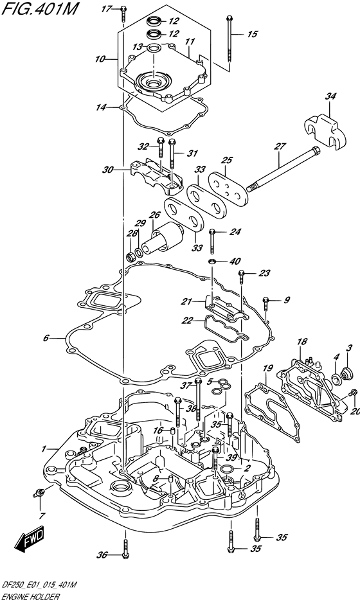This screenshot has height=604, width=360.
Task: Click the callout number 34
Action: point(330,96)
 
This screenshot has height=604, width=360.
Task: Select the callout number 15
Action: point(252,35)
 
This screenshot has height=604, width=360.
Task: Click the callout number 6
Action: point(46,338)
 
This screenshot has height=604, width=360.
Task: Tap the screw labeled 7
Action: point(39,492)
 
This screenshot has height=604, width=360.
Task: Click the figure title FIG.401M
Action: point(39,9)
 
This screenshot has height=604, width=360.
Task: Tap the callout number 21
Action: point(187,301)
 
